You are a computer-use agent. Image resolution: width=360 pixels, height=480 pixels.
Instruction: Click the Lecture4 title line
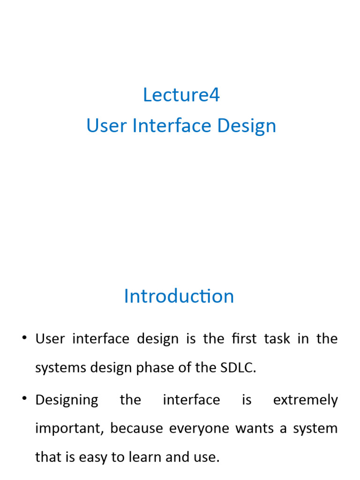pyautogui.click(x=181, y=95)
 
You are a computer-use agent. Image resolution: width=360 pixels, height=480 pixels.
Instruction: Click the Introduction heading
pyautogui.click(x=179, y=296)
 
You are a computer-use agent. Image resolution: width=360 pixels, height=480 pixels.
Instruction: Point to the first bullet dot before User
pyautogui.click(x=24, y=337)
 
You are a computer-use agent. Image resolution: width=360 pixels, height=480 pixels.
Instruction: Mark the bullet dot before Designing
pyautogui.click(x=24, y=399)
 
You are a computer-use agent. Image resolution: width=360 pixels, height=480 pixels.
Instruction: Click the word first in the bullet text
pyautogui.click(x=241, y=339)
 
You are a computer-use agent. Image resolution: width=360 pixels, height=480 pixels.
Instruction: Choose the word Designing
pyautogui.click(x=67, y=400)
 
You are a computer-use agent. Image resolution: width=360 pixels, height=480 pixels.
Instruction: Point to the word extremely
pyautogui.click(x=305, y=400)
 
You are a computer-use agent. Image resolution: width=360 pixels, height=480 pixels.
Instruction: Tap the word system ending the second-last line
pyautogui.click(x=315, y=429)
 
